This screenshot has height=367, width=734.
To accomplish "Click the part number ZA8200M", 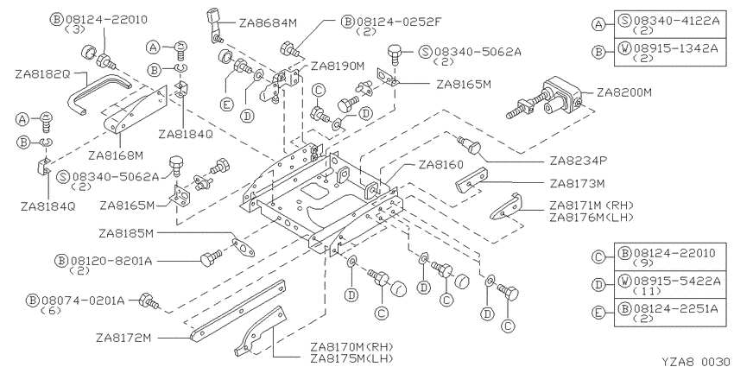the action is (624, 92).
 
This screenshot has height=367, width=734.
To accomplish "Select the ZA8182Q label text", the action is (42, 74).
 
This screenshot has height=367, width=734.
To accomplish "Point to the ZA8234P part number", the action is (579, 161).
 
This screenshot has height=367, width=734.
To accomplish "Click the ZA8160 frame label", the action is (441, 165).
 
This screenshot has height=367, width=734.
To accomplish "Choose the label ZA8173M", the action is (577, 183).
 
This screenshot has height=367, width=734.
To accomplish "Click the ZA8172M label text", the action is (123, 338).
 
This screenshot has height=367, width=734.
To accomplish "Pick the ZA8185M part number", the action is (126, 233).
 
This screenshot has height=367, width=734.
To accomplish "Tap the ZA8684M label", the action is (268, 23).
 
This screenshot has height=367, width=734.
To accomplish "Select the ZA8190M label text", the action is (338, 66).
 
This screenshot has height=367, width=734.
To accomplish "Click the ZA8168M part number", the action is (116, 154).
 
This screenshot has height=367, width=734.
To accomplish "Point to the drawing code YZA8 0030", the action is (697, 361).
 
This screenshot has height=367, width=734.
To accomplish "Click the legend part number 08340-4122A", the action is (676, 21).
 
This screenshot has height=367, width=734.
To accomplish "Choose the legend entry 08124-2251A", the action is (675, 308).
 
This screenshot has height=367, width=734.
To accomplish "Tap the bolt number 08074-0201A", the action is (83, 300).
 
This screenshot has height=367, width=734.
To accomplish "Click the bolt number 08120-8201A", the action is (111, 261).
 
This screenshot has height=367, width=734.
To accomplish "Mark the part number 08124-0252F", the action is (399, 22).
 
